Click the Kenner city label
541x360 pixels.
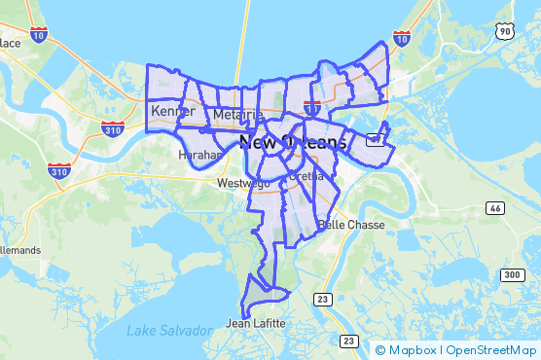point(172,111)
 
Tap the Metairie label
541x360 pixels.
point(237,116)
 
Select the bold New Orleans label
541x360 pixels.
point(292,143)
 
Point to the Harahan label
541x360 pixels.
point(201,155)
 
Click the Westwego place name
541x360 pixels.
point(241,183)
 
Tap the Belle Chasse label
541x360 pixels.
point(351,225)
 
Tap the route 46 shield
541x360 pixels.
point(495,208)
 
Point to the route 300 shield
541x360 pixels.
point(512,275)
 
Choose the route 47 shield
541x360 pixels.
point(374,140)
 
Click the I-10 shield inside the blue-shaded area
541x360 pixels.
point(313,104)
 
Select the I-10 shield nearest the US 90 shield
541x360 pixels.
point(401,39)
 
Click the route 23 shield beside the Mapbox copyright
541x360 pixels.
point(348,341)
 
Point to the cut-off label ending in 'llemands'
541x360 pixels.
point(19,250)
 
